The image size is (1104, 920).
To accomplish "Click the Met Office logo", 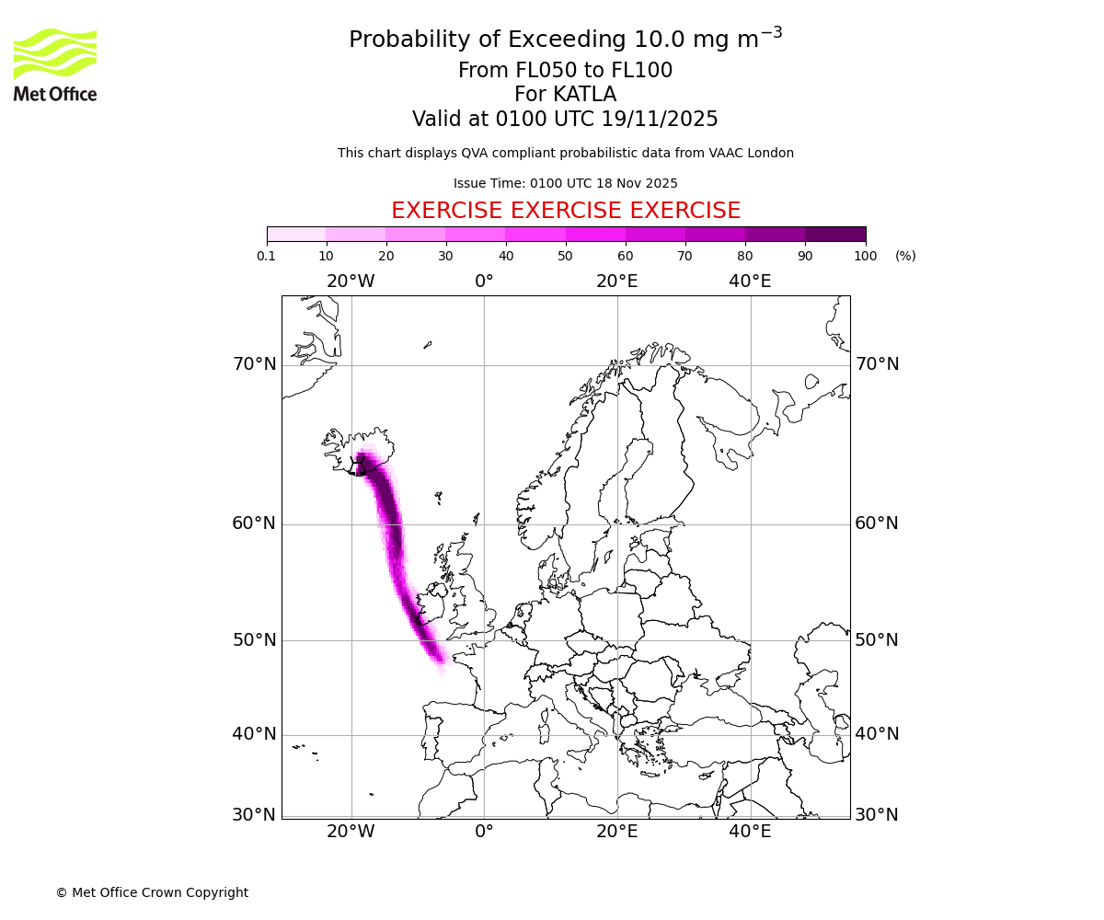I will point(55,64).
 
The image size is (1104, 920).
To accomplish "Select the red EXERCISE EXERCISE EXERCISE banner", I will point(566,211).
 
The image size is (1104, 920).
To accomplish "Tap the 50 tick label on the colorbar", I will point(565,256).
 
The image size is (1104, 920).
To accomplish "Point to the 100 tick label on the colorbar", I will point(865,256).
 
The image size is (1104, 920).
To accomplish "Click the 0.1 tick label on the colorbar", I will point(267,256).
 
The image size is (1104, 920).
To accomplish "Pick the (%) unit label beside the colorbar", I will point(905,256).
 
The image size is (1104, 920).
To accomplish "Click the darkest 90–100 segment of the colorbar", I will point(835,234).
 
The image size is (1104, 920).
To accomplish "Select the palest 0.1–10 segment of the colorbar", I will point(296,234).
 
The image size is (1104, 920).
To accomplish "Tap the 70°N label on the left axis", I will point(254,364).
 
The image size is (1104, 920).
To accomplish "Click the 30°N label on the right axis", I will point(877,814).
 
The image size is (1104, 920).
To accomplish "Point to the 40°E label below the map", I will point(750,833).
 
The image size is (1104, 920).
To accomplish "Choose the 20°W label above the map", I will point(351,282).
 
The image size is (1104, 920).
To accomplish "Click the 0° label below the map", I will point(484,833).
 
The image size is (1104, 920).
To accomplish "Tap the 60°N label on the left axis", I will point(254,523).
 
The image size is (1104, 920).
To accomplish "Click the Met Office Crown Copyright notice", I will point(152,892).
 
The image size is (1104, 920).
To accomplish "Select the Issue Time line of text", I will point(566,183).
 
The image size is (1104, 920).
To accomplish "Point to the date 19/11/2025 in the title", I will point(660,120).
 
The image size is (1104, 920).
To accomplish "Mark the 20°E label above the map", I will point(616,282).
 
